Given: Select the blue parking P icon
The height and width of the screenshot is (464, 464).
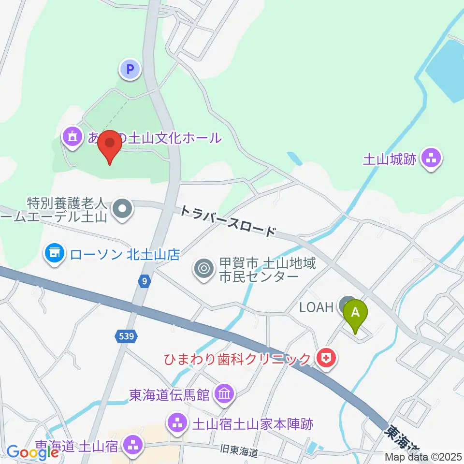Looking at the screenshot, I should [x=130, y=69].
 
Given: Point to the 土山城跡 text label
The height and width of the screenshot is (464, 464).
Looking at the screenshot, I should [x=390, y=159].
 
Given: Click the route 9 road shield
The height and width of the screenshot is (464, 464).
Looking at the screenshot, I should [x=144, y=281].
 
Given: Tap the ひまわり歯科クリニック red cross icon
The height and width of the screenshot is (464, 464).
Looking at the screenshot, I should [x=328, y=358].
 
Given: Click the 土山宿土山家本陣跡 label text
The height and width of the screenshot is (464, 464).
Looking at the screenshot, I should [x=253, y=424].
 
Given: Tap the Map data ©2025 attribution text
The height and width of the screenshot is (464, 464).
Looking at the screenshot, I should [x=424, y=456].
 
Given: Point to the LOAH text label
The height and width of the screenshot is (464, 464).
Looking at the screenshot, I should [x=316, y=306].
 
